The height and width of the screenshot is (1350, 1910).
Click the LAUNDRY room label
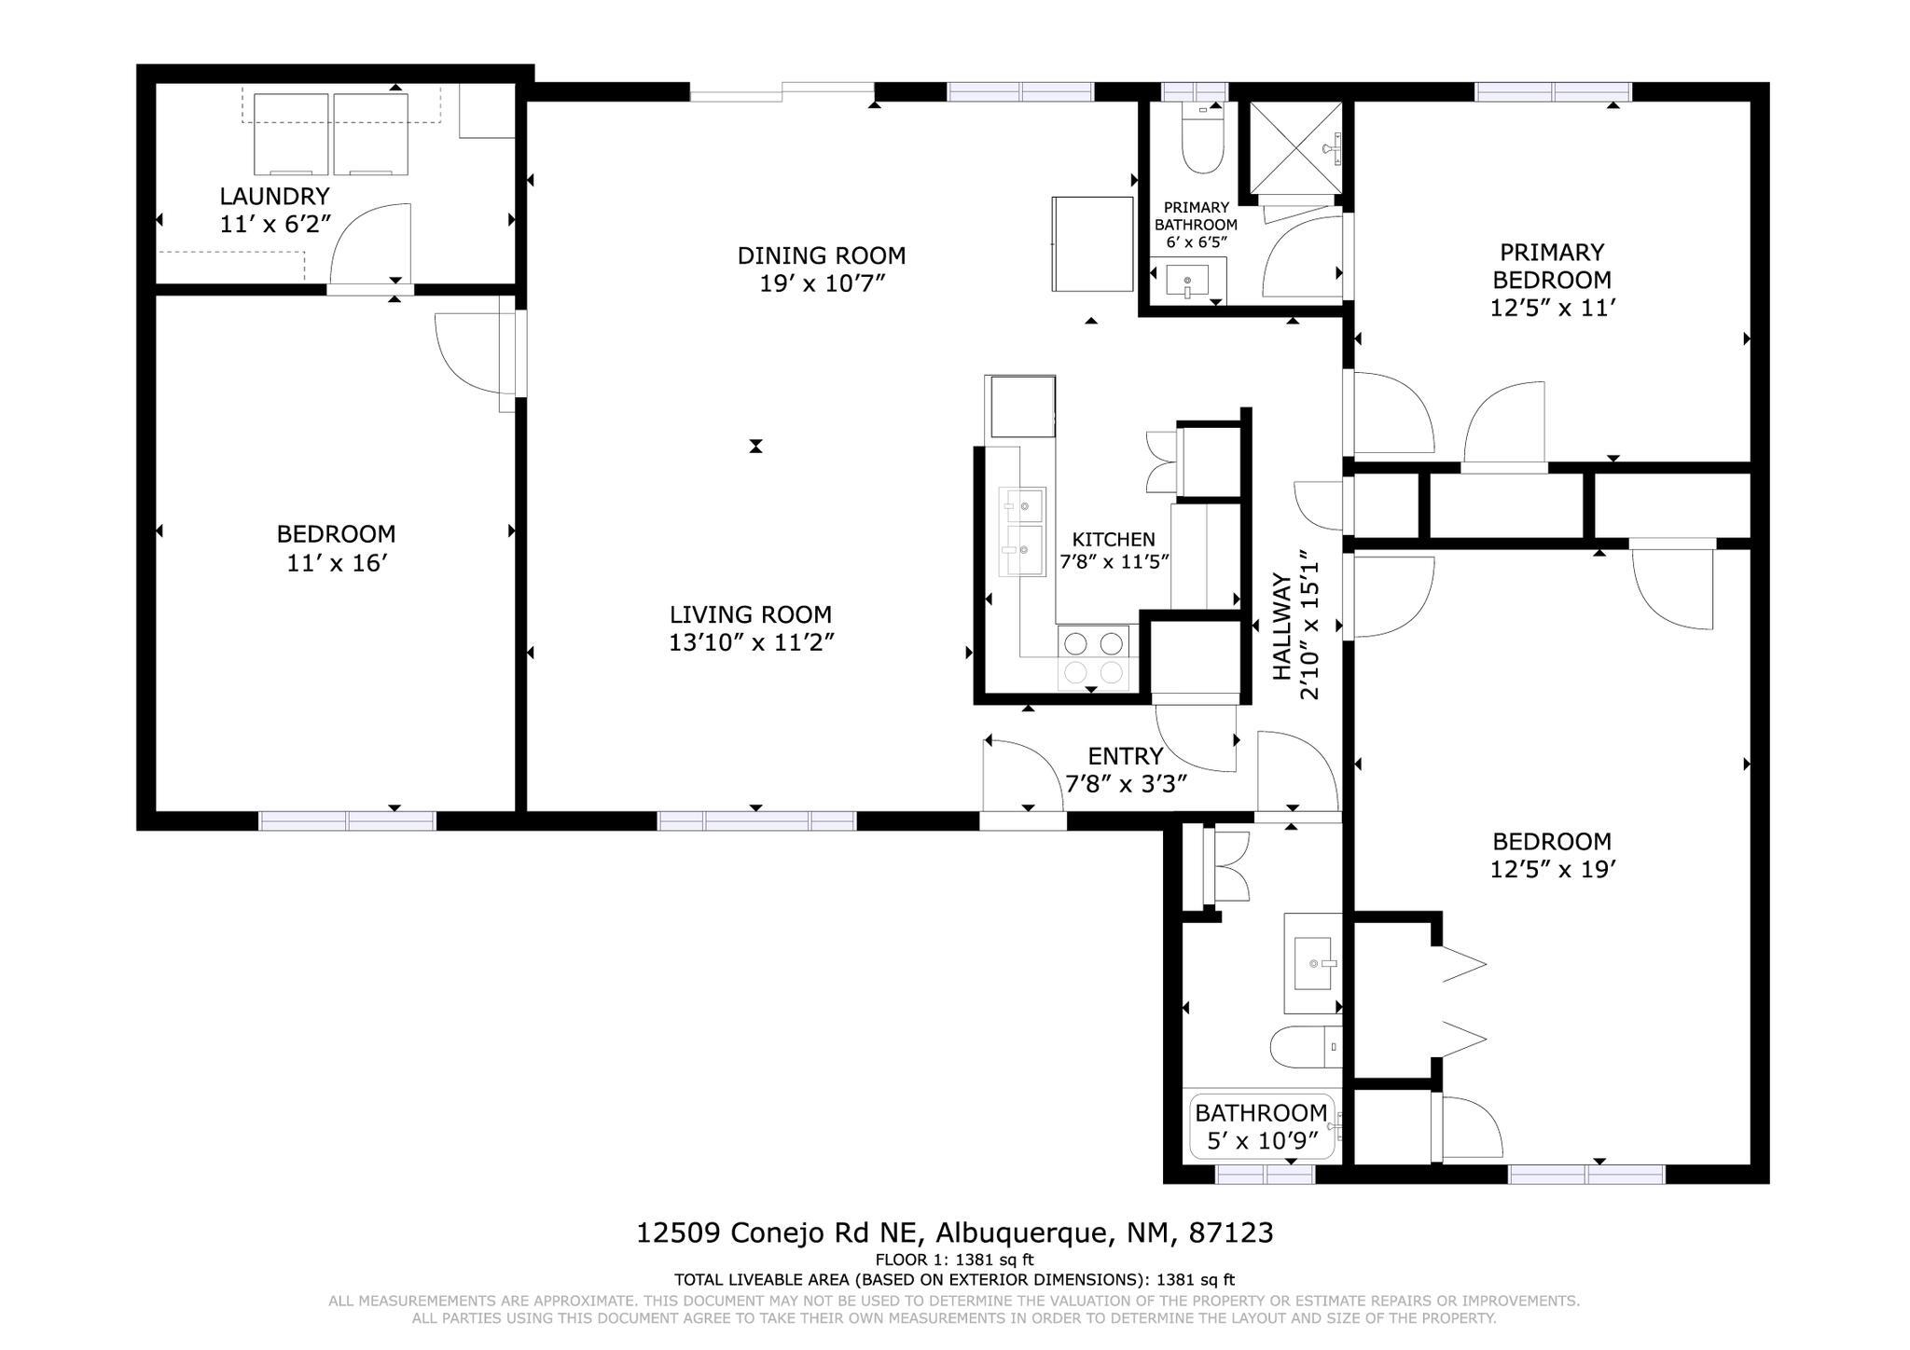274,196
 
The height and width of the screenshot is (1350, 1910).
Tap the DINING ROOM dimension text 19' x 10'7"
821,283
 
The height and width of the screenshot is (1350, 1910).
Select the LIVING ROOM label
750,614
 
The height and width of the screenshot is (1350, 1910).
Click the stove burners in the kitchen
1093,657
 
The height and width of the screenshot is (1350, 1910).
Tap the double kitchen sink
1022,532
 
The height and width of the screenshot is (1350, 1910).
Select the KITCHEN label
1113,539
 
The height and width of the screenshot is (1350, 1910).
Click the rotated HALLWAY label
1282,627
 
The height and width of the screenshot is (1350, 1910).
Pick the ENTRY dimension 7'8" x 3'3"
1126,784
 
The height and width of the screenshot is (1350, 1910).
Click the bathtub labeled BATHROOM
1261,1126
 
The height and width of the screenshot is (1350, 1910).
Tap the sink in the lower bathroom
1313,963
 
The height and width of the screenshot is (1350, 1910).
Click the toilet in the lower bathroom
1306,1048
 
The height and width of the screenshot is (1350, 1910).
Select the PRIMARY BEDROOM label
1551,266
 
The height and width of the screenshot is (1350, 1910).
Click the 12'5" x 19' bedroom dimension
1552,869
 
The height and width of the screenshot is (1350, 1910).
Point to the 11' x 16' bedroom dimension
336,563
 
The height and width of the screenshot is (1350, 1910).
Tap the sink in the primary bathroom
1187,280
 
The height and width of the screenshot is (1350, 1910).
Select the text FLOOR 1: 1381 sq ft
954,1260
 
